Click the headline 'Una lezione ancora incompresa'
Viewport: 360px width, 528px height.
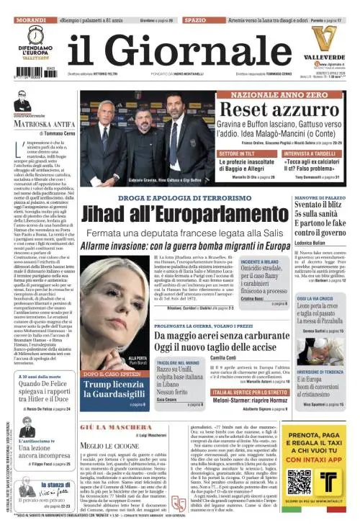[44, 452]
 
